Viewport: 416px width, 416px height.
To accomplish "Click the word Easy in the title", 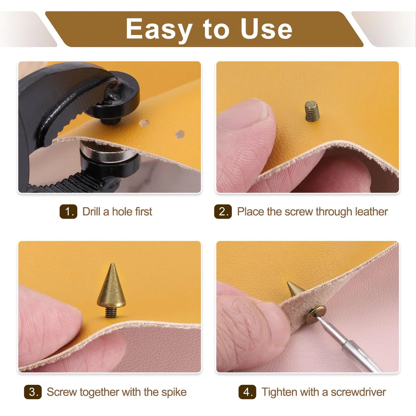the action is pyautogui.click(x=159, y=29).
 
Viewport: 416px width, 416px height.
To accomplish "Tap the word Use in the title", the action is pyautogui.click(x=266, y=29).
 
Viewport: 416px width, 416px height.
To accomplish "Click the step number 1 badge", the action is pyautogui.click(x=68, y=211).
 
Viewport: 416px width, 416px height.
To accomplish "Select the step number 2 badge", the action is pyautogui.click(x=223, y=211).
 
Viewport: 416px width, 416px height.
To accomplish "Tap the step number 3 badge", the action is pyautogui.click(x=33, y=392).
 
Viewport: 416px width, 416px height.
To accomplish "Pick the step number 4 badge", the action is pyautogui.click(x=248, y=392).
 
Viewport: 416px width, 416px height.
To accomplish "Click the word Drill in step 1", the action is pyautogui.click(x=91, y=211).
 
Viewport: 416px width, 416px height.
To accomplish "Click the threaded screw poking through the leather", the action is pyautogui.click(x=312, y=111).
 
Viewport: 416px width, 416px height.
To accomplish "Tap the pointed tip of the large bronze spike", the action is pyautogui.click(x=112, y=263).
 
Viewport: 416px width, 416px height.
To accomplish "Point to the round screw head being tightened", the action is pyautogui.click(x=316, y=314).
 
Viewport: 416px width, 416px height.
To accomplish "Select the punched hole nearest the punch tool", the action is pyautogui.click(x=144, y=123).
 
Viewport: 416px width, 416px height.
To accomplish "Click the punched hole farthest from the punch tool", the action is pyautogui.click(x=180, y=134).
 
